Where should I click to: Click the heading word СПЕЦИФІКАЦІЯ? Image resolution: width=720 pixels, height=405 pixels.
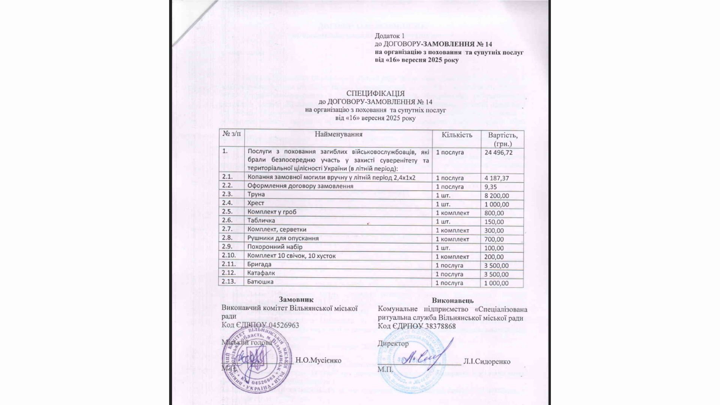tap(375, 93)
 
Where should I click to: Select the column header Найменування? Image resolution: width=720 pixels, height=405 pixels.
tap(338, 135)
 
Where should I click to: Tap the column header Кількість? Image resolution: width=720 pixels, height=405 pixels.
tap(457, 135)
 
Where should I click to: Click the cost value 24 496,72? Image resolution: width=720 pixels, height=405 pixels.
tap(498, 152)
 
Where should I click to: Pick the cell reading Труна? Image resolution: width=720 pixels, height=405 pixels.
tap(256, 194)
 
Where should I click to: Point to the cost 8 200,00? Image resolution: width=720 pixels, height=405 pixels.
tap(497, 196)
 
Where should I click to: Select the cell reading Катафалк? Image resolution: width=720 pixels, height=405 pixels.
tap(261, 273)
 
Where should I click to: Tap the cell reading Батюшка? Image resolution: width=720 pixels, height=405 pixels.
tap(260, 282)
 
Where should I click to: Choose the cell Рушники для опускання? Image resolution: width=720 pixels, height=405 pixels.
tap(283, 238)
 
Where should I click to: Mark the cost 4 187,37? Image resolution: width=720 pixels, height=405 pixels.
tap(497, 178)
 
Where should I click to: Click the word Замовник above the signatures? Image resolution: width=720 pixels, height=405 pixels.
tap(296, 300)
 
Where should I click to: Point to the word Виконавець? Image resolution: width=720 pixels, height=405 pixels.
tap(453, 300)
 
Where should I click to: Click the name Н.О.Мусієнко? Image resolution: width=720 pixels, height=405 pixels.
tap(318, 361)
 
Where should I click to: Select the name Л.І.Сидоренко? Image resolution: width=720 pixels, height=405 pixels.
tap(487, 361)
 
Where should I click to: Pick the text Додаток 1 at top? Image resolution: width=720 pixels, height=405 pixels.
tap(390, 36)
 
